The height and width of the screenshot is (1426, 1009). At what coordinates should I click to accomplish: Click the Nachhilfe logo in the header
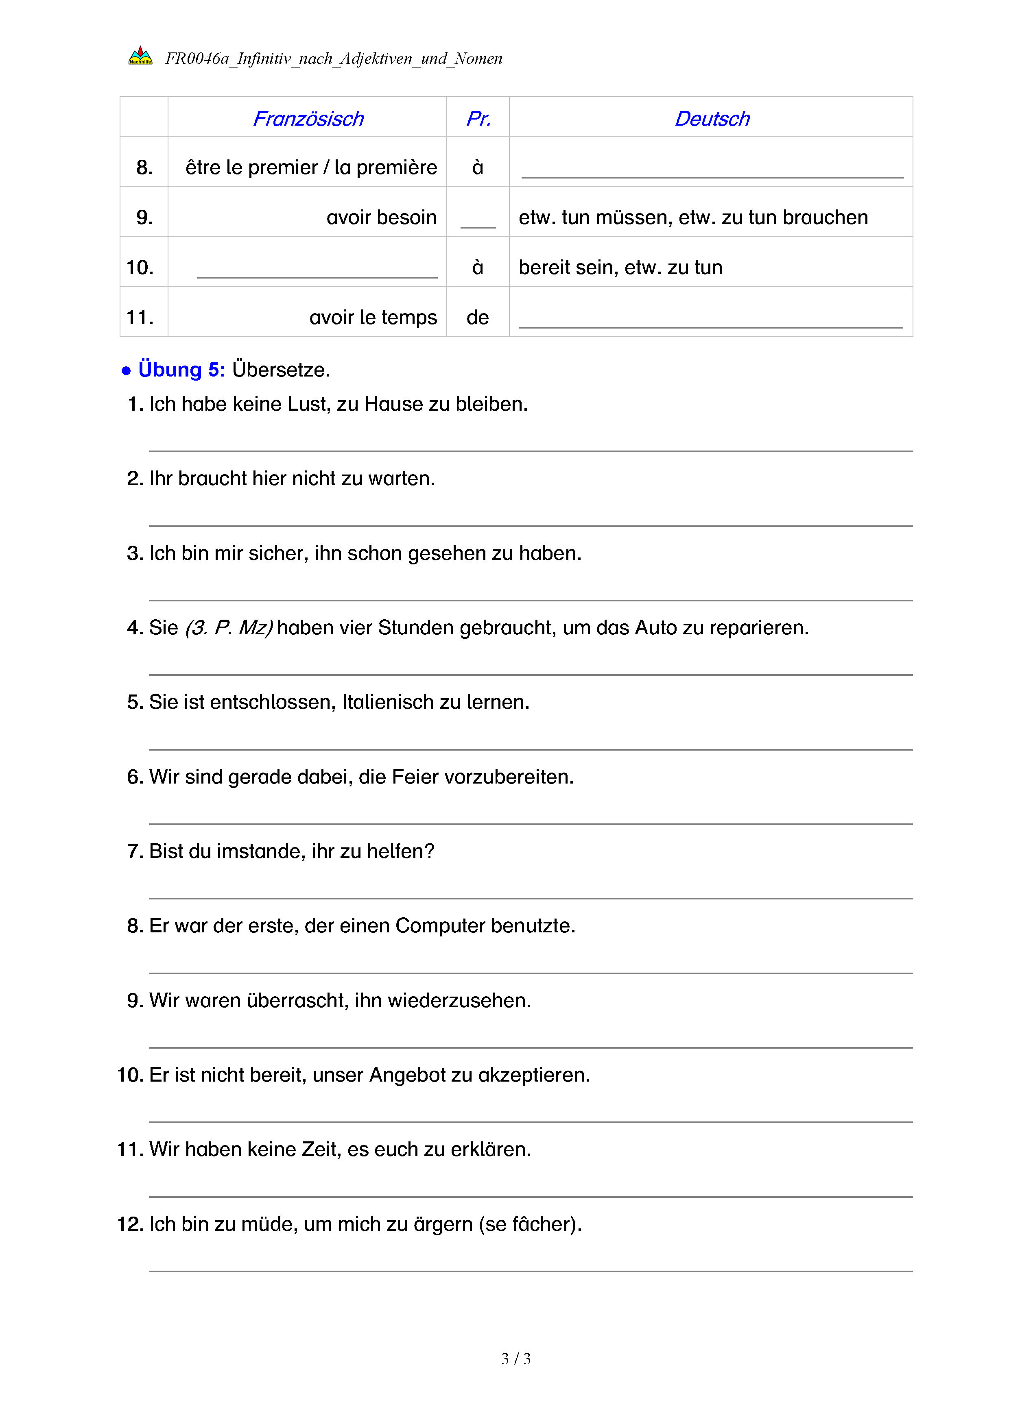140,57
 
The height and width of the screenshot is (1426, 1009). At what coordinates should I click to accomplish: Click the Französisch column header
308,119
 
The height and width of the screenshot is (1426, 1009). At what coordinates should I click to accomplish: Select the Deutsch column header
712,119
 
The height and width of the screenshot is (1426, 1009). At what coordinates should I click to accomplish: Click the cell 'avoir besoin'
382,218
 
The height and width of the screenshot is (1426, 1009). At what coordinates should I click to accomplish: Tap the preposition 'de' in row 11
478,318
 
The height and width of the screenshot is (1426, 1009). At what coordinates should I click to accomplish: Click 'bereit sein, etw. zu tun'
620,268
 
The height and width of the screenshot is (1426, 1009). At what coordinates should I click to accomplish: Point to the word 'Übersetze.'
281,370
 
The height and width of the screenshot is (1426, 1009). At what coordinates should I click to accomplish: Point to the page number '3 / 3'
515,1359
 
